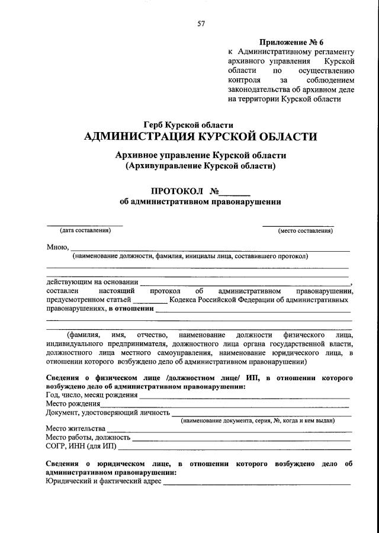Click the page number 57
201,24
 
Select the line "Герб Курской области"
188,125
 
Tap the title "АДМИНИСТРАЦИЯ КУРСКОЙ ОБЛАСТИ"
201,137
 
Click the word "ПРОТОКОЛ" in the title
178,192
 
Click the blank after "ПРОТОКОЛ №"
237,192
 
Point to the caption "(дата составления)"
85,230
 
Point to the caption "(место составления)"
305,230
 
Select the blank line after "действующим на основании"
245,283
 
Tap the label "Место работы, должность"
88,437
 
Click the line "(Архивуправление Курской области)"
201,166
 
